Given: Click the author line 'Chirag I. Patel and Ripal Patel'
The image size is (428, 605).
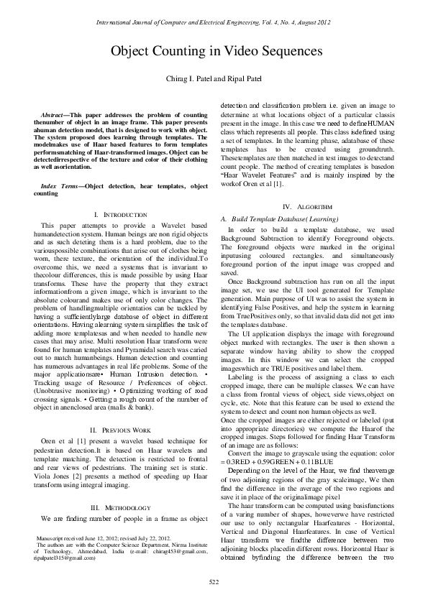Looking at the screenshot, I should click(214, 78).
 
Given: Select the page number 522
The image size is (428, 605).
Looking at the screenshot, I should click(214, 581).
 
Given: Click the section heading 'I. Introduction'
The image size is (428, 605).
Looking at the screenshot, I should click(119, 215).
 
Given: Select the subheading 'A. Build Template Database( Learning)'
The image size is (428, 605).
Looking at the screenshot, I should click(276, 218).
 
